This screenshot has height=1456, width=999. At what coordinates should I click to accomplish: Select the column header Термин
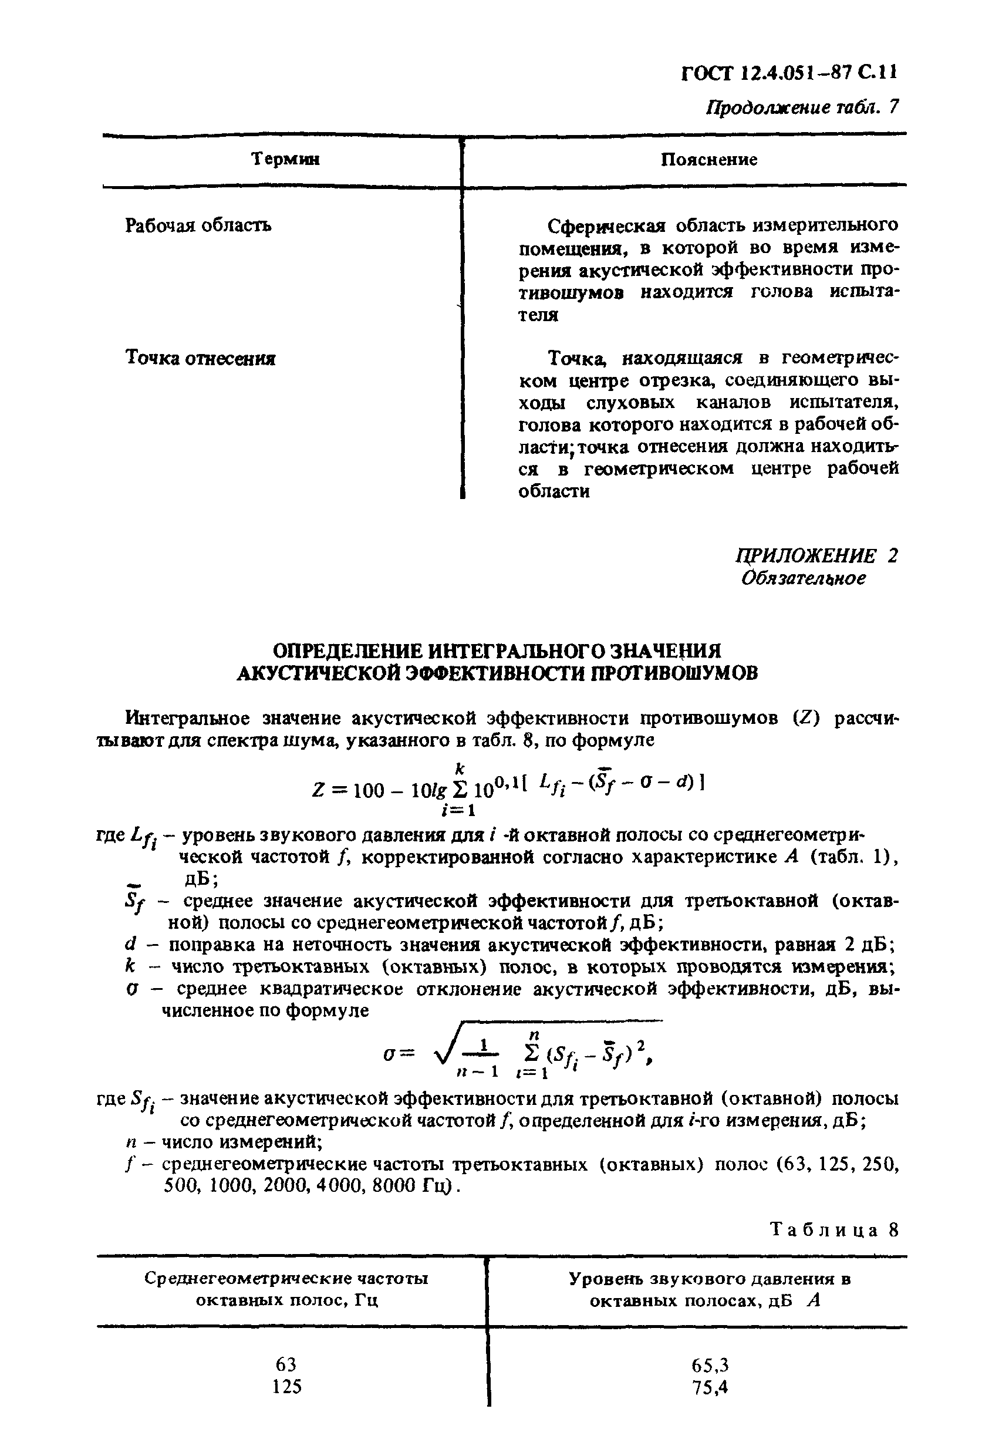[x=286, y=160]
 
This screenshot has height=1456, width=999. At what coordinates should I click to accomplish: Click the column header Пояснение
[x=709, y=160]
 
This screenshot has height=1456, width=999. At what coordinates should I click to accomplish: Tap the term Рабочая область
[x=198, y=225]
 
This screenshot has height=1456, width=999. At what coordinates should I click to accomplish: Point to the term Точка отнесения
[x=200, y=358]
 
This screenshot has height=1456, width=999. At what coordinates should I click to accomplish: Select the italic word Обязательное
[x=804, y=578]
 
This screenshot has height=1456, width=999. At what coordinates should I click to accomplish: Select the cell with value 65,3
[x=710, y=1366]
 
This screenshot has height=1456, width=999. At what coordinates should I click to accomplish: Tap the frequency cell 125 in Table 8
[x=287, y=1387]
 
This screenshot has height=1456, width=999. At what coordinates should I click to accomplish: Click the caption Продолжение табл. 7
[x=802, y=108]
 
